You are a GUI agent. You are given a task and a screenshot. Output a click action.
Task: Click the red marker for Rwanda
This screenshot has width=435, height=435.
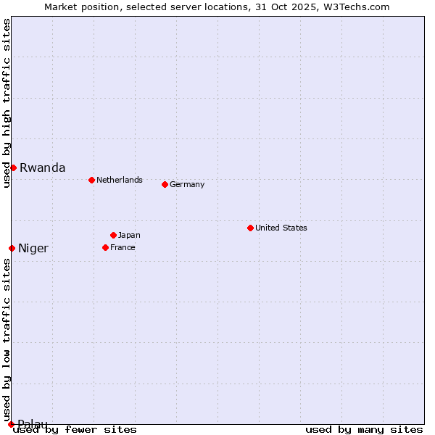click(13, 167)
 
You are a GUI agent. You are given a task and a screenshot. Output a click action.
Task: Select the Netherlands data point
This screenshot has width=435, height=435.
click(91, 180)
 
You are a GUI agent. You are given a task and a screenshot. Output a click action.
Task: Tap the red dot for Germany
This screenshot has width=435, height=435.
click(165, 184)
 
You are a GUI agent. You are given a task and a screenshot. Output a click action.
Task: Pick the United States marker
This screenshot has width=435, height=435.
click(250, 228)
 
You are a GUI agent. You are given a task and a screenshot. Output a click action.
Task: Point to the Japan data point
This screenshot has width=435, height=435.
click(113, 235)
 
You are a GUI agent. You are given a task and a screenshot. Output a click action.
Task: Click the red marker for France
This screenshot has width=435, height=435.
click(105, 247)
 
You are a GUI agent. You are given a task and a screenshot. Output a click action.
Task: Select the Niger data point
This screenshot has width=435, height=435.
click(12, 248)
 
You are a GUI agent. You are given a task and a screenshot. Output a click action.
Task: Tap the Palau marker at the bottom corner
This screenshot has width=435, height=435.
click(11, 424)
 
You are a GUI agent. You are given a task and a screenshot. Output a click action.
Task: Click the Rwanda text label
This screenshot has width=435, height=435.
click(42, 167)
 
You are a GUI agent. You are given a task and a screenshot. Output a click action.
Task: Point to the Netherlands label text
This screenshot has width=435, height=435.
click(119, 180)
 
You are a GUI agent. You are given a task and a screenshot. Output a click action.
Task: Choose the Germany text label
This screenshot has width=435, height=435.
click(187, 184)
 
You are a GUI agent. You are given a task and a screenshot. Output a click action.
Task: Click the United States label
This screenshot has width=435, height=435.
click(281, 228)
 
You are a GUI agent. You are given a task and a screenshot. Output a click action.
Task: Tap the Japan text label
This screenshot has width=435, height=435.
click(129, 235)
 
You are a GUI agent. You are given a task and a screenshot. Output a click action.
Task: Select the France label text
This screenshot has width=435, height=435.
click(123, 247)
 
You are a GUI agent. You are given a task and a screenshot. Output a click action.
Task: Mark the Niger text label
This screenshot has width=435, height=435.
click(33, 248)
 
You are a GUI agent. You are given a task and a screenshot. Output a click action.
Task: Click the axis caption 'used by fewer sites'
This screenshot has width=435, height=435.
click(75, 429)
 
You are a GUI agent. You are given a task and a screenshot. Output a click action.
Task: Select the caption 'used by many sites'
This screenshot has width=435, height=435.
click(364, 429)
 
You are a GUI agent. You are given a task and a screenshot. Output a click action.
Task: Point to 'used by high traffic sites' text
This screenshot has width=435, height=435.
click(7, 103)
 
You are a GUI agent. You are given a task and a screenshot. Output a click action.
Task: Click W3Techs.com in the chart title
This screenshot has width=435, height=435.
click(357, 7)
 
